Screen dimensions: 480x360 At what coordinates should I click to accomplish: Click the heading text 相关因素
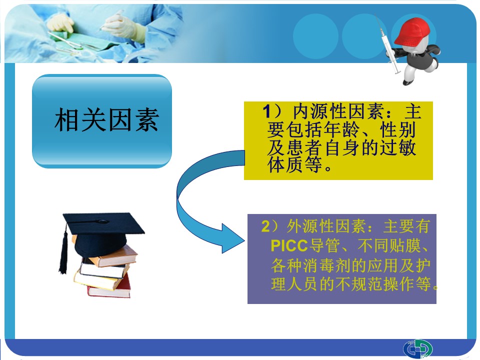106,120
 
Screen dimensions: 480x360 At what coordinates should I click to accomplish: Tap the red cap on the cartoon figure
411,31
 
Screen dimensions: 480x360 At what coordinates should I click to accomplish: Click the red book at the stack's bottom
109,288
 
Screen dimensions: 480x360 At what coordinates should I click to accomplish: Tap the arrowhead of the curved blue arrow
232,238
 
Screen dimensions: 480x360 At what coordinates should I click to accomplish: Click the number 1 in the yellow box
266,111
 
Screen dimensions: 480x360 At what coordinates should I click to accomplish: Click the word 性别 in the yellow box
397,129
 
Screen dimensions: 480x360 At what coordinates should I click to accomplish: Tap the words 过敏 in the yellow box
397,148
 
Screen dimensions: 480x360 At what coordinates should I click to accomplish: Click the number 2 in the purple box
265,226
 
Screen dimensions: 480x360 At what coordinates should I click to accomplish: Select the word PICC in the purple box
289,245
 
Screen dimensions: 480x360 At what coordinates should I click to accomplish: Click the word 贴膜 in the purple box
405,245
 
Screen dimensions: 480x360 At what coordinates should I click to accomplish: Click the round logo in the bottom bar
418,348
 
